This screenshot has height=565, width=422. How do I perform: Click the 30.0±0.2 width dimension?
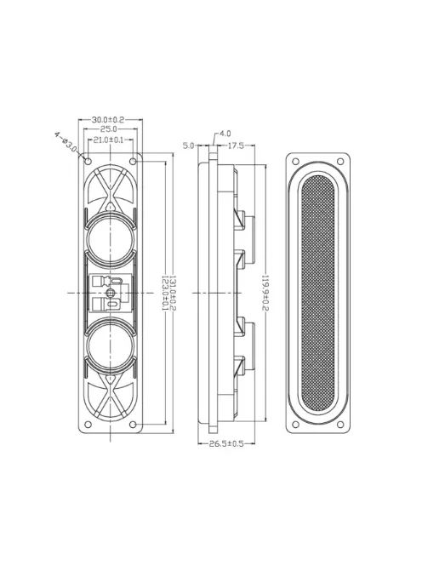pos(108,120)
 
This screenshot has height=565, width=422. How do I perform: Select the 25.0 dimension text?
pos(108,129)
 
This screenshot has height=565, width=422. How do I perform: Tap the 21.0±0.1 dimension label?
pos(108,140)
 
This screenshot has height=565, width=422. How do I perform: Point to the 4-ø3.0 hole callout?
pos(66,142)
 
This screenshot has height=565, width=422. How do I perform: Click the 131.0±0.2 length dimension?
pos(173,293)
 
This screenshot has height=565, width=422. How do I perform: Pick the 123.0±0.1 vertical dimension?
pos(165,293)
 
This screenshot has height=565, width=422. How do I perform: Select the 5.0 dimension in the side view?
pos(189,146)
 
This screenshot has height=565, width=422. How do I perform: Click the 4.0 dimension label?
pos(225,134)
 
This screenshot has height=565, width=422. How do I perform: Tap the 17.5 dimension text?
pos(236,146)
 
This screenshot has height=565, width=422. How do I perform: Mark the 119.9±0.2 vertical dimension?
pos(265,293)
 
